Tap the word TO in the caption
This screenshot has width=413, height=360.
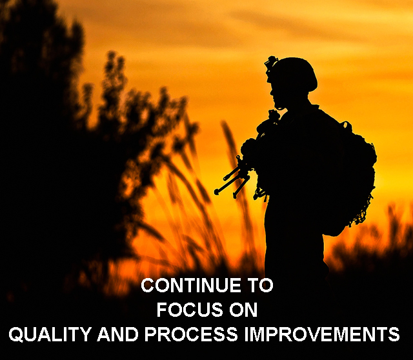(x=259, y=285)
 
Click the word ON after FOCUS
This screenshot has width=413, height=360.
(x=243, y=310)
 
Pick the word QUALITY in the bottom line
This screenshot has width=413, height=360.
(x=50, y=334)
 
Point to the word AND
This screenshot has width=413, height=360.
(x=117, y=334)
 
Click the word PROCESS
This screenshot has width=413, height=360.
(x=191, y=334)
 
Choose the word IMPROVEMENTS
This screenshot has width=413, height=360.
(x=322, y=334)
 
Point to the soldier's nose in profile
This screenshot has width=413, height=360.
(x=271, y=92)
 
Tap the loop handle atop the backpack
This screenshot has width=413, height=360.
(x=347, y=126)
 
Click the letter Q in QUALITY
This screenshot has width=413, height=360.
(x=15, y=334)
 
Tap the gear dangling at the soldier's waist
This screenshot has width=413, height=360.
(x=260, y=194)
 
